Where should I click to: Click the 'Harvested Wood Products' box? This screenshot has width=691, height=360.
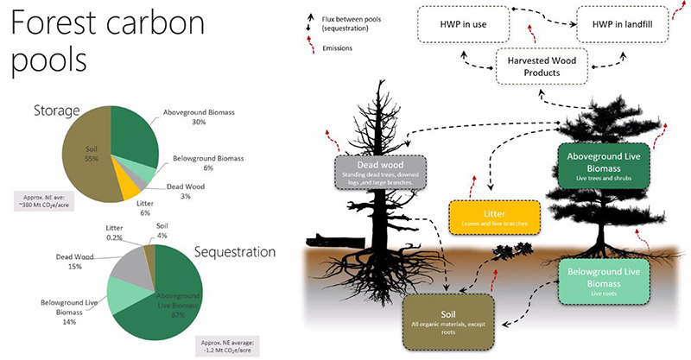click(x=535, y=66)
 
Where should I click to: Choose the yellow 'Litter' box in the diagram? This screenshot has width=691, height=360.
click(x=494, y=218)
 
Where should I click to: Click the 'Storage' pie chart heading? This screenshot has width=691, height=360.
click(x=57, y=111)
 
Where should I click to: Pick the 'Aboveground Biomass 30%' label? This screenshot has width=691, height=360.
click(x=199, y=117)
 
